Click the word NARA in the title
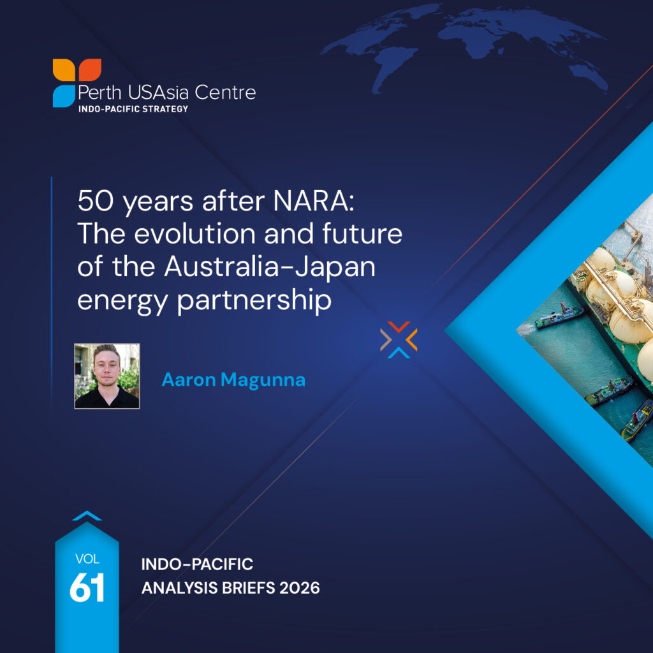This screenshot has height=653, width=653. pos(314,201)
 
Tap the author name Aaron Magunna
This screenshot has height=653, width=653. pos(233,380)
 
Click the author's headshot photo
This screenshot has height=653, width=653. pos(107,376)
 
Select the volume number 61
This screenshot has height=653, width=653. pos(87,588)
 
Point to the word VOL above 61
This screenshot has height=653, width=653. pos(87,559)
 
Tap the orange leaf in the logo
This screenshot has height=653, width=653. pos(64,70)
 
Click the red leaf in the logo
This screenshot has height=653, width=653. pos(90,70)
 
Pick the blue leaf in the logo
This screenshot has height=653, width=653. pos(64,96)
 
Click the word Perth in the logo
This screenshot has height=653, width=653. pos(99,93)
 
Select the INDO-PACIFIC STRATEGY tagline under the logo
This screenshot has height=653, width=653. pos(133,109)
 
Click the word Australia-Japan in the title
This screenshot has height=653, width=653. pos(270,267)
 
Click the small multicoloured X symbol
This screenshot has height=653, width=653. pos(399,340)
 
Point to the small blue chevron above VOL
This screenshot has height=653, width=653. pos(87,515)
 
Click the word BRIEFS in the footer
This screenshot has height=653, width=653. pos(249,588)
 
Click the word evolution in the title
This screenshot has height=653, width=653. pos(195,233)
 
